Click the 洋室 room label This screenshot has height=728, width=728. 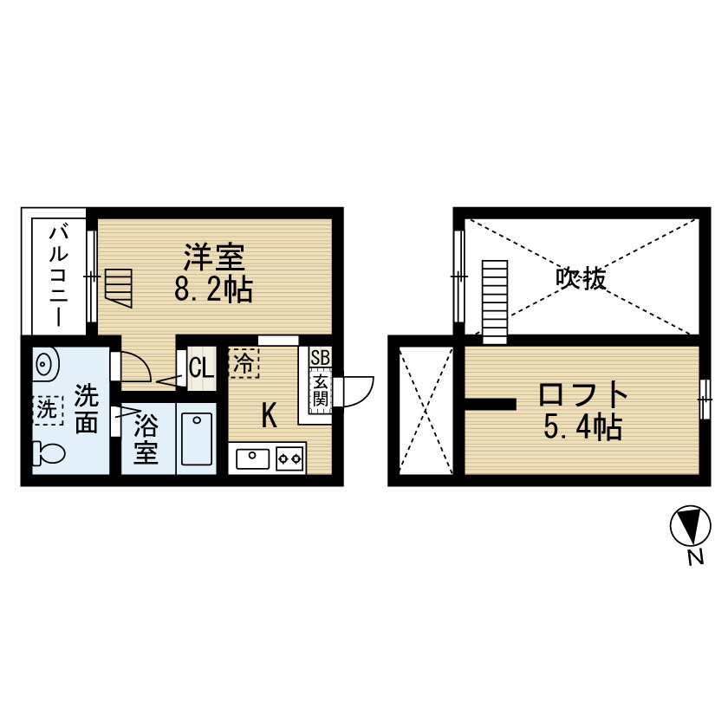point(214,257)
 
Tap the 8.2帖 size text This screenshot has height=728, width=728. point(213,289)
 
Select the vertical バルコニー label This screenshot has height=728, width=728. point(59,275)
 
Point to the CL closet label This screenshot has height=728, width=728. point(200,367)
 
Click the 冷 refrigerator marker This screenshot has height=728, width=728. point(244,362)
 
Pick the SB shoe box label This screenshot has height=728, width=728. point(319,358)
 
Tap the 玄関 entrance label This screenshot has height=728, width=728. point(319,391)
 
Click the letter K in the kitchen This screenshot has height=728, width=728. point(270,417)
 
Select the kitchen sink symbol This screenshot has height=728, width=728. point(250,457)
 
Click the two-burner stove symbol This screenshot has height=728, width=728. point(289,457)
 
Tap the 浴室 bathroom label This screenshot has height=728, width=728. point(146,440)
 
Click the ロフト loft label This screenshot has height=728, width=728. point(582,395)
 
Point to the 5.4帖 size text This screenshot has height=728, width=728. point(582,428)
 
